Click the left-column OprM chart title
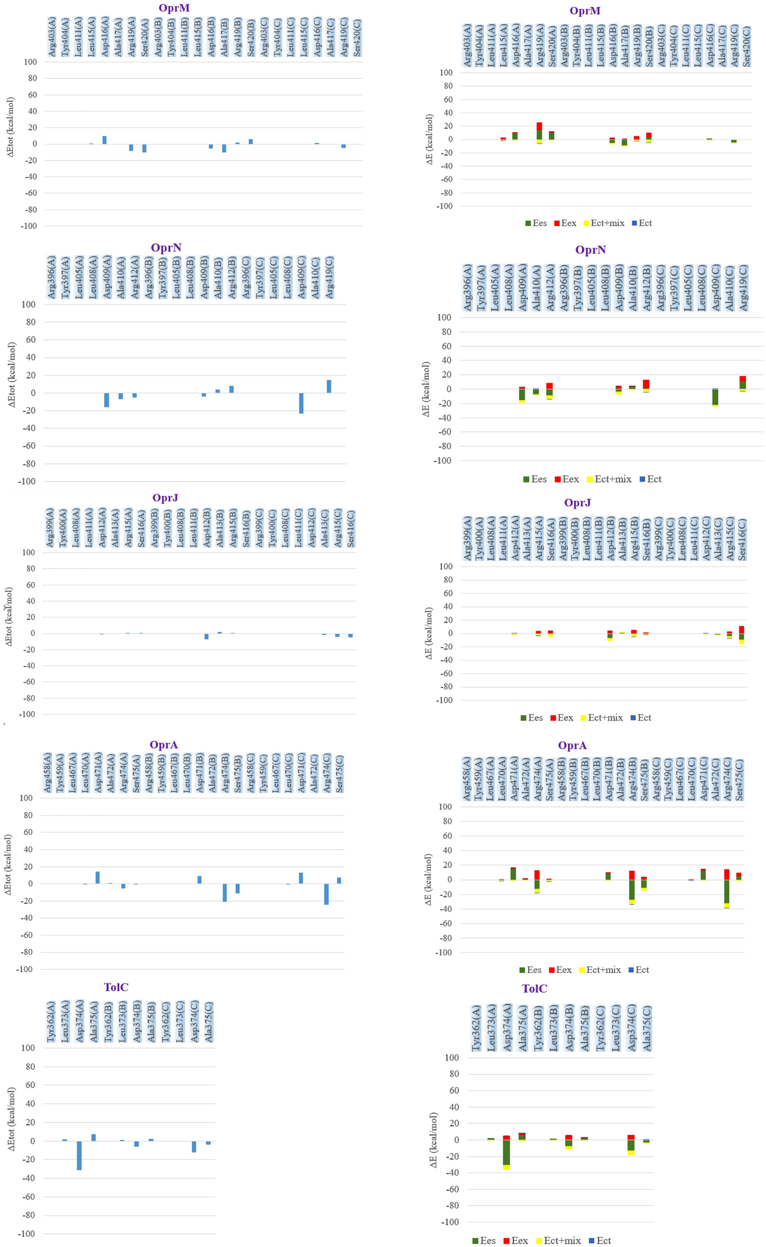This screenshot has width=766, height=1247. click(174, 8)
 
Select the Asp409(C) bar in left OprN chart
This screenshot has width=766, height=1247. click(301, 403)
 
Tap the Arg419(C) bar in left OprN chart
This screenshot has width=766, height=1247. click(329, 386)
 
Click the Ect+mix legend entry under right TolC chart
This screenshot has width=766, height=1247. click(558, 1241)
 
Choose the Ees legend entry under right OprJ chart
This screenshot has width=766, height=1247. click(531, 718)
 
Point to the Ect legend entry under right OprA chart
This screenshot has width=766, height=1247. click(638, 970)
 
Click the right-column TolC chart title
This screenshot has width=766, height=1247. click(534, 989)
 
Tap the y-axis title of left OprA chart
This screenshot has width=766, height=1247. click(8, 864)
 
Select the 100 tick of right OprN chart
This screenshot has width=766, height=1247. click(444, 318)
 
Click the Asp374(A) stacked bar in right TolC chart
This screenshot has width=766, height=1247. click(506, 1153)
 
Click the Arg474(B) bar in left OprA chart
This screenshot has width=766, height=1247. click(224, 892)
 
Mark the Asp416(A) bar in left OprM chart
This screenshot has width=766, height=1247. click(104, 140)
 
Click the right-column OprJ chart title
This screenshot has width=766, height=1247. click(577, 503)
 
